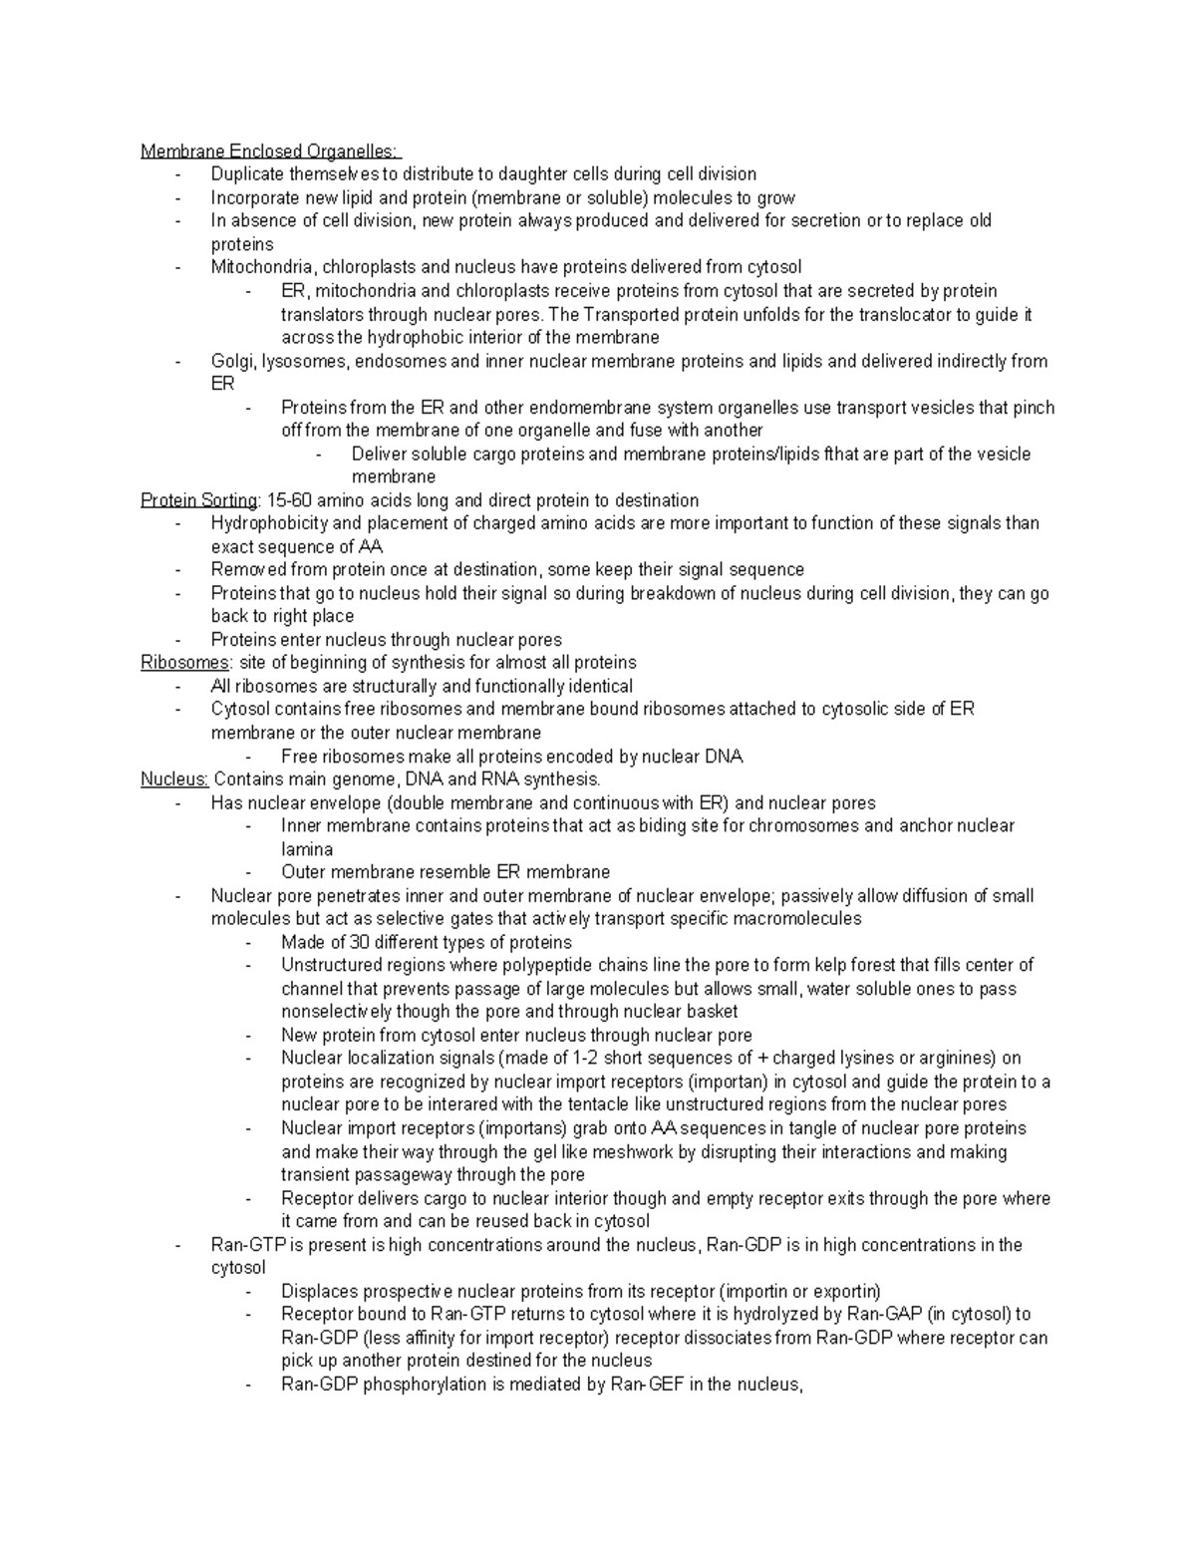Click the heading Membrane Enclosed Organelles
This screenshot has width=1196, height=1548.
(x=269, y=152)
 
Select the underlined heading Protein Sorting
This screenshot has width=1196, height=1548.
(x=199, y=500)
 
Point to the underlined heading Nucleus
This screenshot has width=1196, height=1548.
(x=174, y=779)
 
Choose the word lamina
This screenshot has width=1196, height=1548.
(x=307, y=849)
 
